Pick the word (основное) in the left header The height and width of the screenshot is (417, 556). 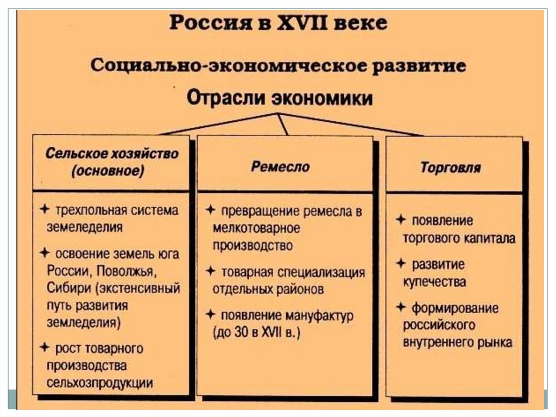click(x=108, y=171)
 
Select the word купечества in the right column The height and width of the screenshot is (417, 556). click(x=434, y=282)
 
